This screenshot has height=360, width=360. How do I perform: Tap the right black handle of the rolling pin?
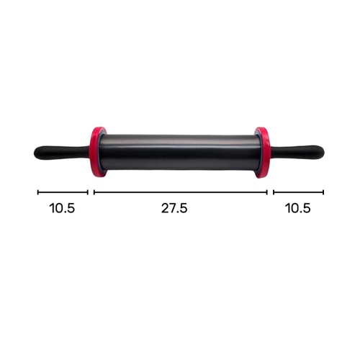(297, 153)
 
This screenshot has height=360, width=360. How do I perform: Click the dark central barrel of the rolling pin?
(180, 153)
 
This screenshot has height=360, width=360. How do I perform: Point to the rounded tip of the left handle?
(34, 153)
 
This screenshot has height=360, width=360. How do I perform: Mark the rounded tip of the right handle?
(324, 153)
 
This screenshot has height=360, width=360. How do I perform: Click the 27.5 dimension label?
(174, 208)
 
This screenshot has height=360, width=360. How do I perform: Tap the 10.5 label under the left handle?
(62, 208)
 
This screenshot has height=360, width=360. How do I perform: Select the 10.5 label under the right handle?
(298, 208)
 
